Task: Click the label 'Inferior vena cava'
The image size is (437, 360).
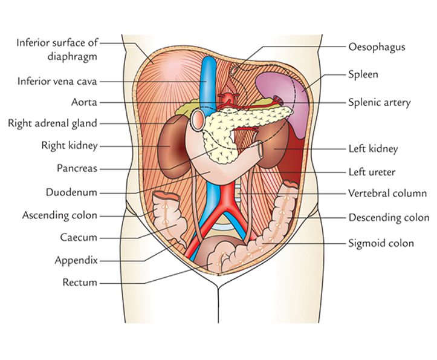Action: click(57, 80)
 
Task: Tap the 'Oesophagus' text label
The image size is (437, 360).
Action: click(376, 47)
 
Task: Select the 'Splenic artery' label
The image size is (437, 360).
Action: click(379, 102)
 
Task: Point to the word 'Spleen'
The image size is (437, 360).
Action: click(363, 75)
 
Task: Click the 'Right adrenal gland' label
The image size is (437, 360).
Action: click(52, 123)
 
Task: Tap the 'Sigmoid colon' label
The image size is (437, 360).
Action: click(381, 243)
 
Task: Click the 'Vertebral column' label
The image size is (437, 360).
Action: click(387, 194)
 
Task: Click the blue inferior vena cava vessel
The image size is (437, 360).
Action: click(209, 79)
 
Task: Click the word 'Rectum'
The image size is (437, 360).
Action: click(80, 282)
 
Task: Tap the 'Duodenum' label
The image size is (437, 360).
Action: click(71, 193)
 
